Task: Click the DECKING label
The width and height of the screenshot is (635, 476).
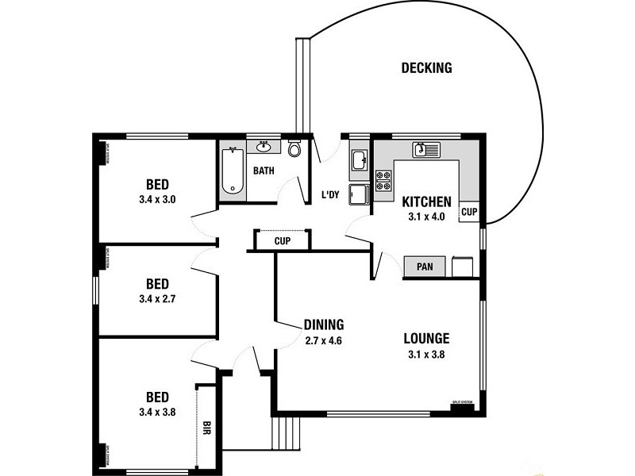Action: click(426, 68)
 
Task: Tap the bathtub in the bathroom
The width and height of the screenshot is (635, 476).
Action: click(232, 171)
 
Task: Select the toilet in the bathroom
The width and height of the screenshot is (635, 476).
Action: click(294, 149)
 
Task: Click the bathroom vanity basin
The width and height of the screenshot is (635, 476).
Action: click(263, 147)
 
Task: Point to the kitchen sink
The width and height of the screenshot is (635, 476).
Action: click(426, 149)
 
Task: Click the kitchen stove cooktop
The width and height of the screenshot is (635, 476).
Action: click(383, 181)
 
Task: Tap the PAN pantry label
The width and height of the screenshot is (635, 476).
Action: click(425, 267)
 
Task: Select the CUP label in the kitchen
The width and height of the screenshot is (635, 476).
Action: click(469, 213)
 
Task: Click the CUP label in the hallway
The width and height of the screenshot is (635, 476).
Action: click(282, 241)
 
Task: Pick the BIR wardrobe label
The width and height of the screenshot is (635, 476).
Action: click(206, 429)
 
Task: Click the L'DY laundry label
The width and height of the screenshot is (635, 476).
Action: click(330, 195)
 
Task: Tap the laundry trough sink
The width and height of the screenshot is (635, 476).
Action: click(359, 159)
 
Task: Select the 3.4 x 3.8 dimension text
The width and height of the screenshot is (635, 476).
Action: click(156, 412)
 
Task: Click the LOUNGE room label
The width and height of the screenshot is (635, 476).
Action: click(425, 339)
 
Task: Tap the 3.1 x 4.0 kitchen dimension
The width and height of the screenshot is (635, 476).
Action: click(426, 216)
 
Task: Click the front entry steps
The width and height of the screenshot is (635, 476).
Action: click(287, 433)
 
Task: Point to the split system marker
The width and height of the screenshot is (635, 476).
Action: click(462, 403)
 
